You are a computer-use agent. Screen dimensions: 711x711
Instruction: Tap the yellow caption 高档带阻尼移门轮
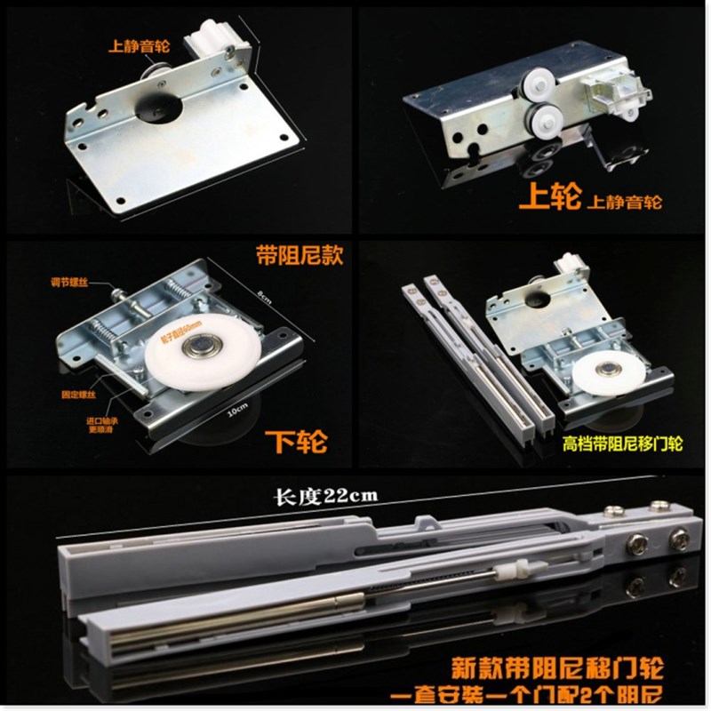point(622,443)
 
